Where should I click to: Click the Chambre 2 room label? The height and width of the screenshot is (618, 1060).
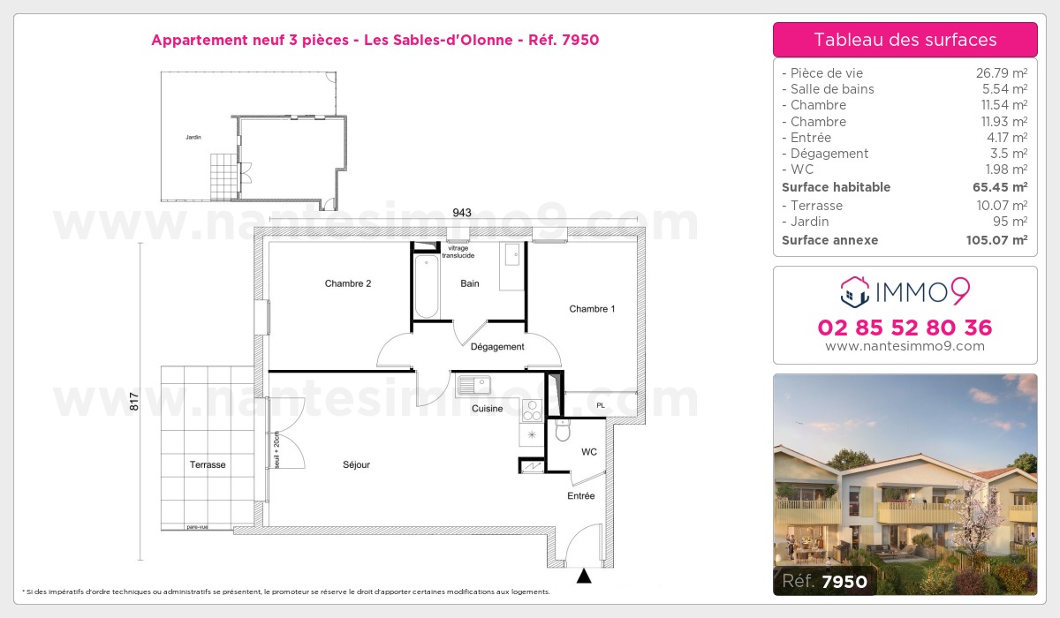tap(348, 283)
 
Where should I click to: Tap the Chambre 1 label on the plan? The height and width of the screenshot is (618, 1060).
tap(592, 309)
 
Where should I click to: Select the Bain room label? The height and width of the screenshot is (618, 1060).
tap(470, 283)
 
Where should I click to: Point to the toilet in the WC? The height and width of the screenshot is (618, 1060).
tap(563, 430)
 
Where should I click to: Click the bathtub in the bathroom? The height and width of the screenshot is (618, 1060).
tap(427, 287)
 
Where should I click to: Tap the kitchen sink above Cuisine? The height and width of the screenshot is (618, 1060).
tap(473, 385)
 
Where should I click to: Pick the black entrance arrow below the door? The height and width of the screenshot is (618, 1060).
tap(584, 576)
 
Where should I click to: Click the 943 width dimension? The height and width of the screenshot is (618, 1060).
tap(462, 212)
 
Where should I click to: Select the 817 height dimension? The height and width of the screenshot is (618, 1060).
tap(134, 402)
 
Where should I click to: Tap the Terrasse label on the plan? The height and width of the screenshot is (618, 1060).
tap(208, 464)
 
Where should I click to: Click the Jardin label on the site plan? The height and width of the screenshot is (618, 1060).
tap(193, 137)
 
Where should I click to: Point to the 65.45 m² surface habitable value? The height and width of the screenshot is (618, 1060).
tap(1000, 187)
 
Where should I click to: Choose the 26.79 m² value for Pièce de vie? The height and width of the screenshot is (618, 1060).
tap(1002, 73)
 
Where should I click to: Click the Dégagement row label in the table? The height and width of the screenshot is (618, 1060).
tap(829, 154)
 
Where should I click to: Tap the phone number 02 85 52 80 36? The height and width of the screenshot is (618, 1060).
tap(905, 328)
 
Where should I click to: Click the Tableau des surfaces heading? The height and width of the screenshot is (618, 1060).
tap(905, 40)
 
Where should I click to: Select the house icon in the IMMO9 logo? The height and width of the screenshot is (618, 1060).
tap(855, 291)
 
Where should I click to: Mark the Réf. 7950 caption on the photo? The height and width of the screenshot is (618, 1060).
tap(824, 581)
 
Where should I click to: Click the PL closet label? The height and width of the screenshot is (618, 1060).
tap(601, 405)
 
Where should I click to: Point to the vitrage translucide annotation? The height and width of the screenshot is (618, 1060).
tap(458, 252)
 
